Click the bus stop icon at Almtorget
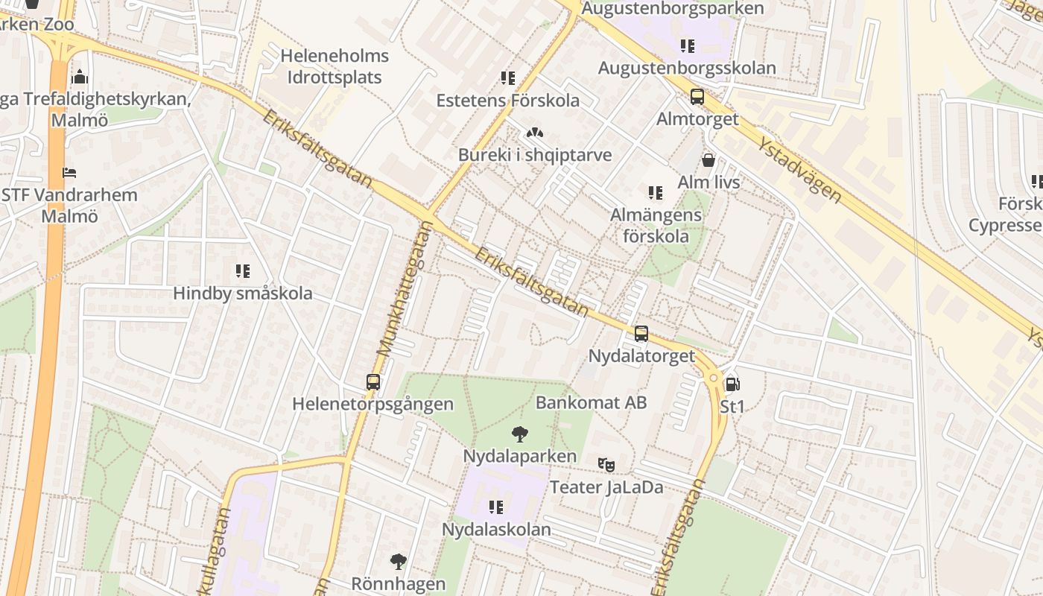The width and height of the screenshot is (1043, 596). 697,97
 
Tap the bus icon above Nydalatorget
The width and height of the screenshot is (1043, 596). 641,334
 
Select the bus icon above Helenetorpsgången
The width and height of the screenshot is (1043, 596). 373,382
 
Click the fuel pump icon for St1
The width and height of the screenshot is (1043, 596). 732,384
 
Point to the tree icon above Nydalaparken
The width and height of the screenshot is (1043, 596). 520,434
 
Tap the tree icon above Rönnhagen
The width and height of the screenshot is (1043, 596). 399,561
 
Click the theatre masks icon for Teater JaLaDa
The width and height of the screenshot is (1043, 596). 606,464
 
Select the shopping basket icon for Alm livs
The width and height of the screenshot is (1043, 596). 708,159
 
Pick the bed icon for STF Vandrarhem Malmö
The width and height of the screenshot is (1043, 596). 69,173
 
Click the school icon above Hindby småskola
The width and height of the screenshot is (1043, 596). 243,271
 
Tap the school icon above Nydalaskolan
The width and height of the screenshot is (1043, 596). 496,507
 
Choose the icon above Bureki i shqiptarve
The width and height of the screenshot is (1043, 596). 534,133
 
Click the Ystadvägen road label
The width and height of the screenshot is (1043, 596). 799,169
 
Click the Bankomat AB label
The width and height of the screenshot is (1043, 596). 591,402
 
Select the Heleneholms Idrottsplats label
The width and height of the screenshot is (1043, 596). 335,66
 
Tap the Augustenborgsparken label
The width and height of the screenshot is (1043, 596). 672,8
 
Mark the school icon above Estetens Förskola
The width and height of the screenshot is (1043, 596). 508,78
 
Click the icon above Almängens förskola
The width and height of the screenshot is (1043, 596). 656,193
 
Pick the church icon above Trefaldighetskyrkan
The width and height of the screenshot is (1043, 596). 80,77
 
